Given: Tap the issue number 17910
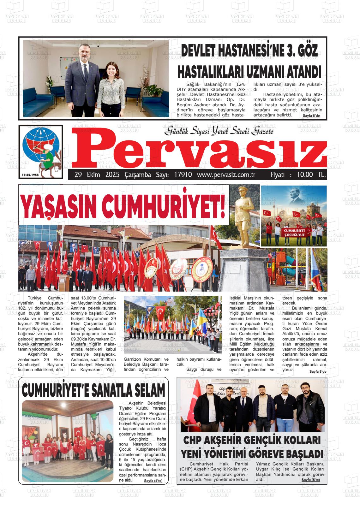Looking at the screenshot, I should pos(183,175).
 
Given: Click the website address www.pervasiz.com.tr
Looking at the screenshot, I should pos(226,175).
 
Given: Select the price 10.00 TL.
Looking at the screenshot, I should pos(311,175).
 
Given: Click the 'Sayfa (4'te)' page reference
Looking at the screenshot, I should pos(153,481).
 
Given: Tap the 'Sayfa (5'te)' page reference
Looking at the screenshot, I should pos(310,480).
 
